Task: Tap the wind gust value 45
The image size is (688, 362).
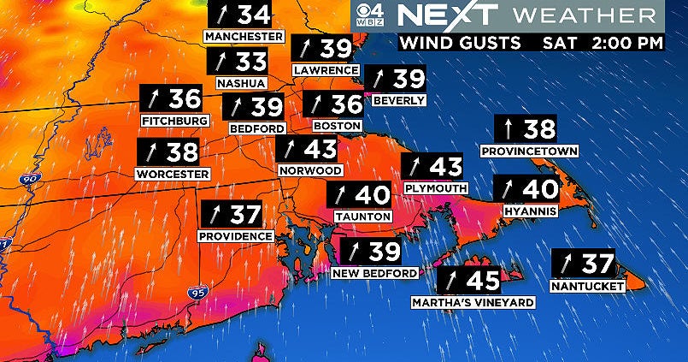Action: [x=479, y=281]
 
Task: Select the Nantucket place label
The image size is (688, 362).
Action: [x=588, y=286]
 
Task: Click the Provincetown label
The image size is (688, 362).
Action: [x=530, y=151]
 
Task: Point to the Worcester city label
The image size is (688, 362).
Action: [x=173, y=174]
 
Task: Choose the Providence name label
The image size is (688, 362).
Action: [x=236, y=235]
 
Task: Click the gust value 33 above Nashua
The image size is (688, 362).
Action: [x=250, y=62]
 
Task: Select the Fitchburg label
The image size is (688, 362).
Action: [x=175, y=121]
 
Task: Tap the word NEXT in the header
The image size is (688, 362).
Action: [x=435, y=15]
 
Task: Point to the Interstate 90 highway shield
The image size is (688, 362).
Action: [x=28, y=180]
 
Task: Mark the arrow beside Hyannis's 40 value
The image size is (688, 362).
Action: [x=508, y=189]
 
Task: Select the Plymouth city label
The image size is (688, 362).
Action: [x=436, y=187]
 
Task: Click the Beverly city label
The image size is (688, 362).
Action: [x=398, y=100]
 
